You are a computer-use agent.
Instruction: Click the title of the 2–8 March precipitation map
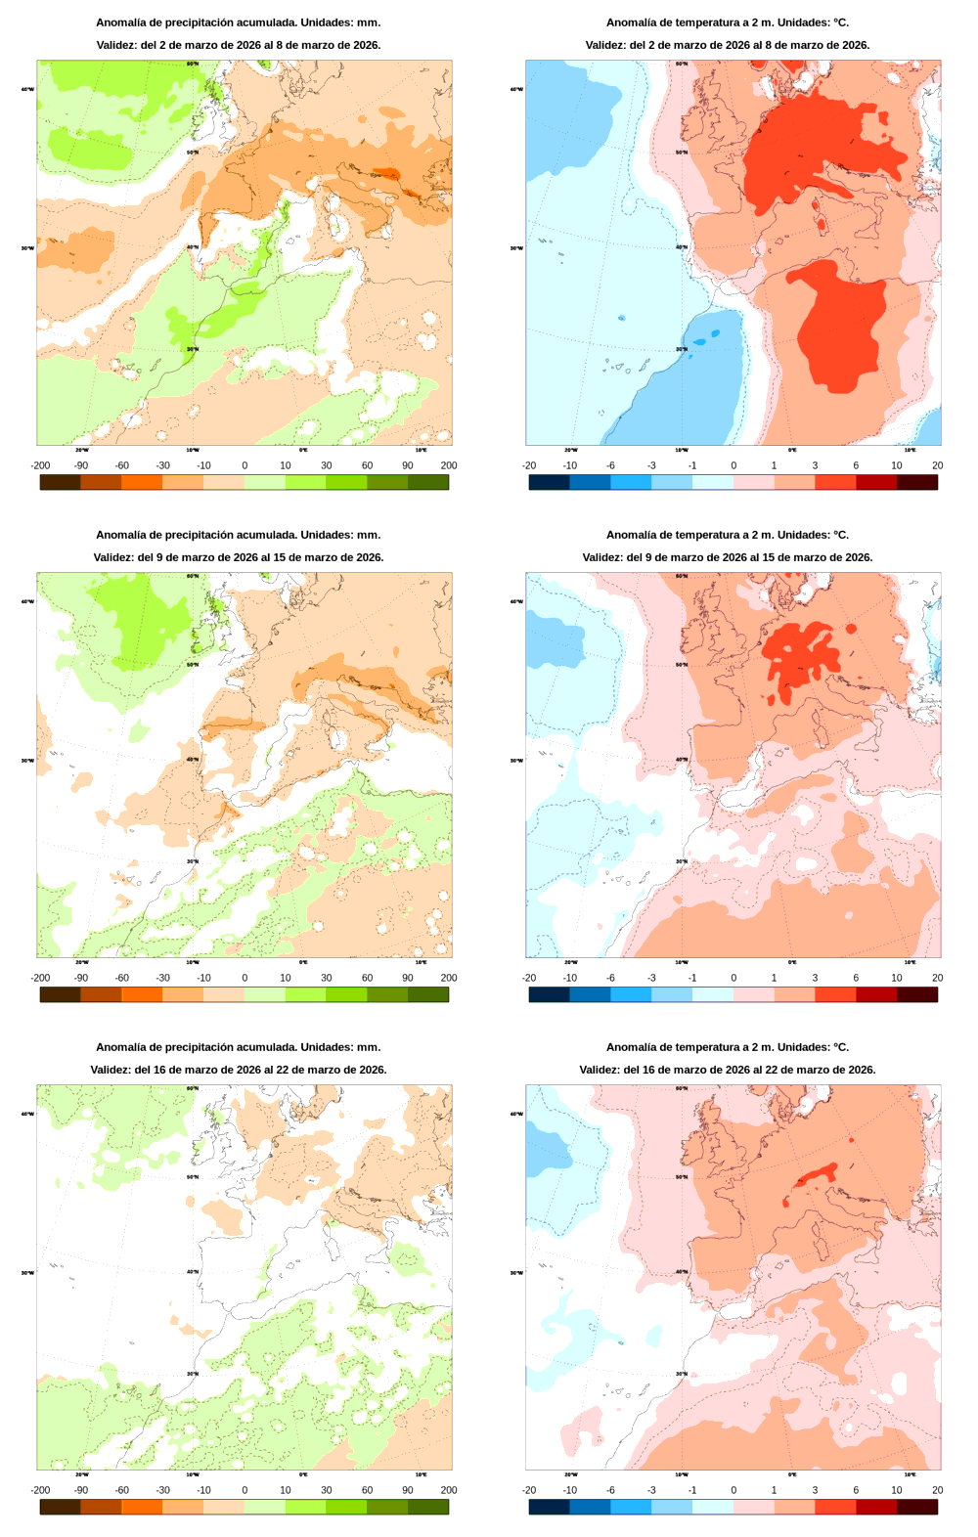[238, 22]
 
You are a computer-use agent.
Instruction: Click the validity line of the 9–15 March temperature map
[727, 557]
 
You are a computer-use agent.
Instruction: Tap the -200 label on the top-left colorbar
[40, 465]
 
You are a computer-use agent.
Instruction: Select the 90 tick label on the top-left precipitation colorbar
[408, 465]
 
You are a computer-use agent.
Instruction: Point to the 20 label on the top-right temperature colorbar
[937, 465]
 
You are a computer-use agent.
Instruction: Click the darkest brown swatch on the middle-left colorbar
[60, 994]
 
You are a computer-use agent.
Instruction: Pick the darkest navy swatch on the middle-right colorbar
[549, 994]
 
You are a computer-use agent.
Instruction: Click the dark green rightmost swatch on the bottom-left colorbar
[428, 1507]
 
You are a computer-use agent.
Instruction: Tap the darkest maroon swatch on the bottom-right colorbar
[917, 1507]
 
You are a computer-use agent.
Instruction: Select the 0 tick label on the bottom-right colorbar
[733, 1490]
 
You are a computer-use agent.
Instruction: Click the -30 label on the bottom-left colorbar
[162, 1490]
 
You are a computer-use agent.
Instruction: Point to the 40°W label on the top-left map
[27, 89]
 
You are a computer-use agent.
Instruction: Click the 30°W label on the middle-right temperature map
[516, 761]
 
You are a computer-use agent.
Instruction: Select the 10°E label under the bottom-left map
[421, 1474]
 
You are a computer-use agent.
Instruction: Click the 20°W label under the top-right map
[570, 450]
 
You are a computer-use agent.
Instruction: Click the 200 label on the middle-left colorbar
[448, 978]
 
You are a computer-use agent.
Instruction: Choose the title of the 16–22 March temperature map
[727, 1047]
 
